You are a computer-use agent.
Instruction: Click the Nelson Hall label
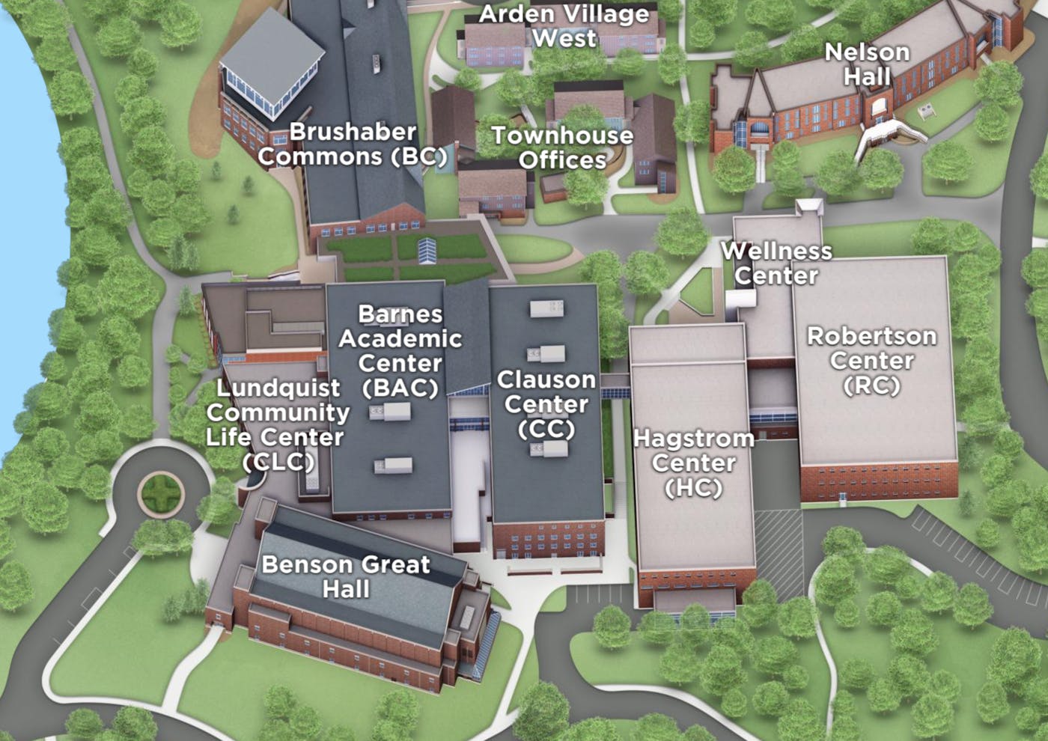click(867, 64)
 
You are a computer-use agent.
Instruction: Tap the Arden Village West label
click(564, 26)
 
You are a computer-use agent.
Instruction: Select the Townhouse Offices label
click(562, 147)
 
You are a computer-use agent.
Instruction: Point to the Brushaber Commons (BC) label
click(352, 144)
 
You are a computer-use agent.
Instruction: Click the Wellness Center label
click(776, 263)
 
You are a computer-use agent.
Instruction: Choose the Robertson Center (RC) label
click(871, 360)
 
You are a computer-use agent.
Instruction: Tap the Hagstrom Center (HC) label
click(694, 463)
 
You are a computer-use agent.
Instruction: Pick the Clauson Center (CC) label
click(546, 404)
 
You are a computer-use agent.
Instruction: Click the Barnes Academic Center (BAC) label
click(400, 350)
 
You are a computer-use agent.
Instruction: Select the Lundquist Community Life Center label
click(278, 424)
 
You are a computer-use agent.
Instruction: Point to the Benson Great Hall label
click(346, 576)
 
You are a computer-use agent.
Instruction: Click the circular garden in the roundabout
click(162, 493)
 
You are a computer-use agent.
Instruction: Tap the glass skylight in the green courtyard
click(427, 249)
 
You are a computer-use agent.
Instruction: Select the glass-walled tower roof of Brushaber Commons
click(274, 60)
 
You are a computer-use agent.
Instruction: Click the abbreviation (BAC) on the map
click(400, 388)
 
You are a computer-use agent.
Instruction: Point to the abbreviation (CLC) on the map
click(278, 461)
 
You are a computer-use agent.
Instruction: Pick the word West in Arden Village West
click(564, 38)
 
